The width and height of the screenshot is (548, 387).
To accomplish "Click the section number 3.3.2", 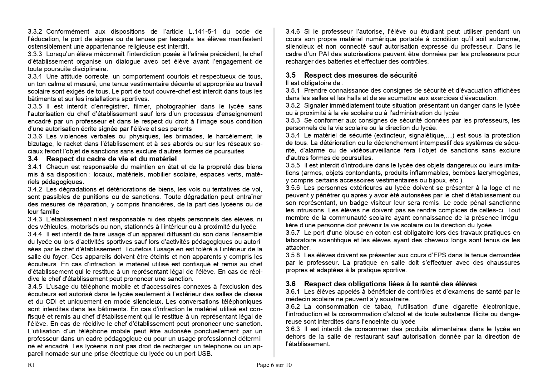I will (37, 31).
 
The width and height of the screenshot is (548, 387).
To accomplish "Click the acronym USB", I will (205, 354).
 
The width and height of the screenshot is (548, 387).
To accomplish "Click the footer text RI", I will (31, 365).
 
